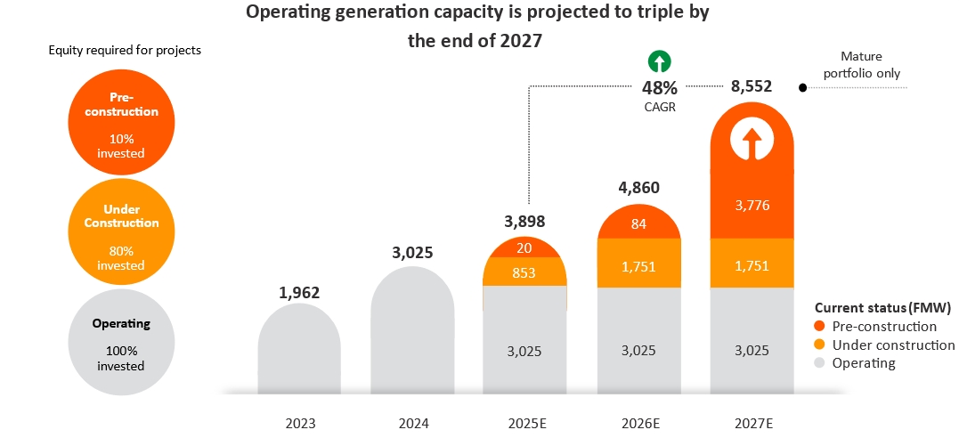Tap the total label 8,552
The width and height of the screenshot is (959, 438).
(751, 86)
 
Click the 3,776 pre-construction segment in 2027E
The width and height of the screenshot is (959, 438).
(752, 206)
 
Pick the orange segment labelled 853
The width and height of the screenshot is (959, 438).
(524, 272)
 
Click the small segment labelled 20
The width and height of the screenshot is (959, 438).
(524, 247)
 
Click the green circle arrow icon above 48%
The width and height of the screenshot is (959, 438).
(660, 61)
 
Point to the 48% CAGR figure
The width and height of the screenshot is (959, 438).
(660, 88)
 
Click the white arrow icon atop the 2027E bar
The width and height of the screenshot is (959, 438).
(751, 141)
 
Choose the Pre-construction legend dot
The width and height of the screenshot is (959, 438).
(819, 327)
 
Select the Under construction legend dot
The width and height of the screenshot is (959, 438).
(819, 345)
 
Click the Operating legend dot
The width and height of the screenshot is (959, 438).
(819, 363)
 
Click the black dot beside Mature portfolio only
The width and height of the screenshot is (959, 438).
(802, 88)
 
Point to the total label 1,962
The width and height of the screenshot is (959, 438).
(299, 292)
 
